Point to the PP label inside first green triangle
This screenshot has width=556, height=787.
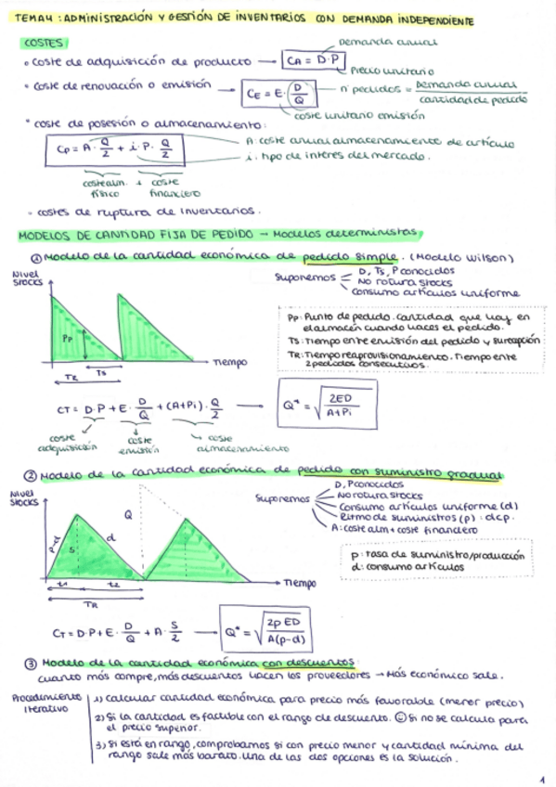[x=67, y=339]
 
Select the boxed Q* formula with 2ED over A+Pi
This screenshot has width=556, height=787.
[x=323, y=404]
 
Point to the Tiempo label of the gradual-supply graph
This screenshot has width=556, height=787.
[x=299, y=583]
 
